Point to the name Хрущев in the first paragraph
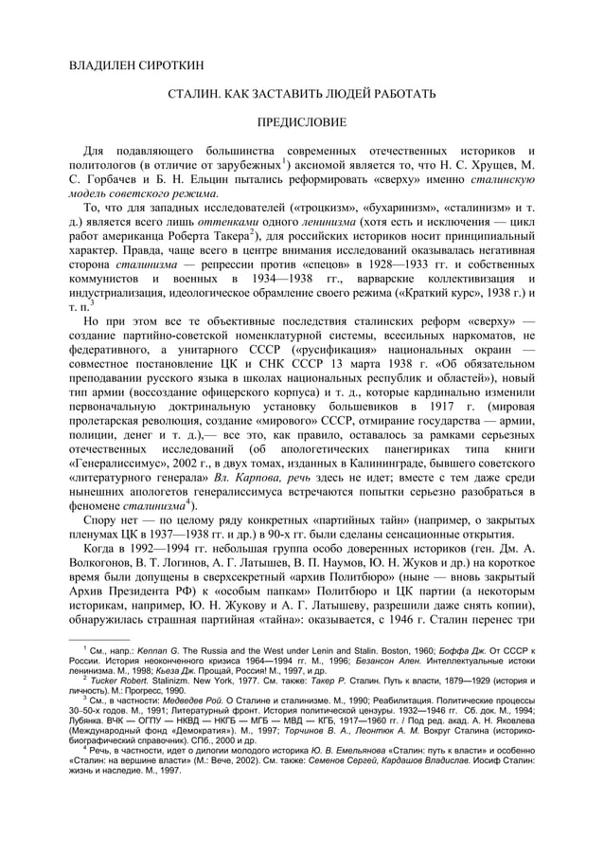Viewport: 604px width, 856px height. click(492, 167)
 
